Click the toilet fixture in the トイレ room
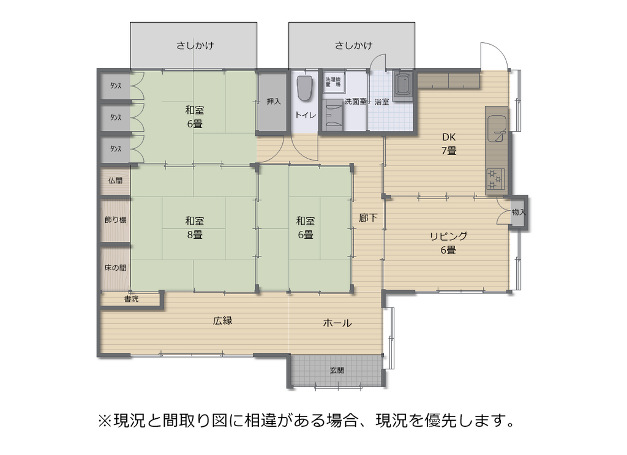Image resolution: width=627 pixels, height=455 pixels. click(305, 88)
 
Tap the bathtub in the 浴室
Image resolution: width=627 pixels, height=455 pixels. click(404, 86)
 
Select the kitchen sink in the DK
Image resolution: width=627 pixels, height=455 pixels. click(497, 128)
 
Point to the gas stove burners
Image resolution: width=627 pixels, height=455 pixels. click(495, 179)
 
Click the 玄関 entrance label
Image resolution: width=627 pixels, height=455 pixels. click(337, 370)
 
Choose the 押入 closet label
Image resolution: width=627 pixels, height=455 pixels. click(274, 102)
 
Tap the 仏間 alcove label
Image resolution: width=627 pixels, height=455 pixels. click(115, 181)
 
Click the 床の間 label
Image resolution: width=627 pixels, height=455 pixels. click(115, 268)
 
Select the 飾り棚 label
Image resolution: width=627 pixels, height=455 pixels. click(115, 219)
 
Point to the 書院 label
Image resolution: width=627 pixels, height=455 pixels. click(131, 299)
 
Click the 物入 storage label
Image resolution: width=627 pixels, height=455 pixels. click(519, 212)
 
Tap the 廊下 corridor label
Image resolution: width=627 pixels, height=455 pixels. click(368, 218)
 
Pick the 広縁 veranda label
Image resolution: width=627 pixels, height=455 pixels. click(223, 321)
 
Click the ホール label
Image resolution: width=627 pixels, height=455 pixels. click(337, 323)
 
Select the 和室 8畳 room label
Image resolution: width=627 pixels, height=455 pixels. click(195, 228)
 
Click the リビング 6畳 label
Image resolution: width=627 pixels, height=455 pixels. click(448, 243)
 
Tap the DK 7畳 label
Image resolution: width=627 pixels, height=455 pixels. click(449, 144)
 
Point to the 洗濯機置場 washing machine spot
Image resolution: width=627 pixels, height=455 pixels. click(333, 82)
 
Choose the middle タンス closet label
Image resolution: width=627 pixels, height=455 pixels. click(116, 118)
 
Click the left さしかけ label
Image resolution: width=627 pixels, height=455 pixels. click(195, 45)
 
